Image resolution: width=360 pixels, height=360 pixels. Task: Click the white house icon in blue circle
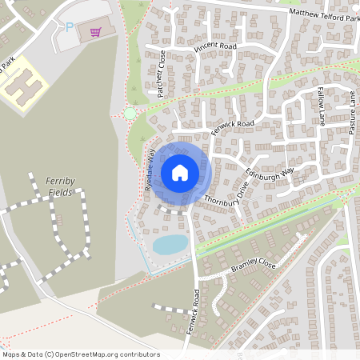pyautogui.click(x=180, y=172)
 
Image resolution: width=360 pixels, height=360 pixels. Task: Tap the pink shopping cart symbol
pyautogui.click(x=95, y=31)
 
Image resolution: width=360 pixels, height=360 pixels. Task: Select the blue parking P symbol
pyautogui.click(x=70, y=27)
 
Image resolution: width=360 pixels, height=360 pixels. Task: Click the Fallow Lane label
pyautogui.click(x=322, y=106)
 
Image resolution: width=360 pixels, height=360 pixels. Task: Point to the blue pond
pyautogui.click(x=170, y=244)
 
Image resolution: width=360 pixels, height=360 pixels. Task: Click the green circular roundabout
pyautogui.click(x=130, y=114)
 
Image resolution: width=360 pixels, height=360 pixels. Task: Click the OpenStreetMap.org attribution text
pyautogui.click(x=80, y=354)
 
